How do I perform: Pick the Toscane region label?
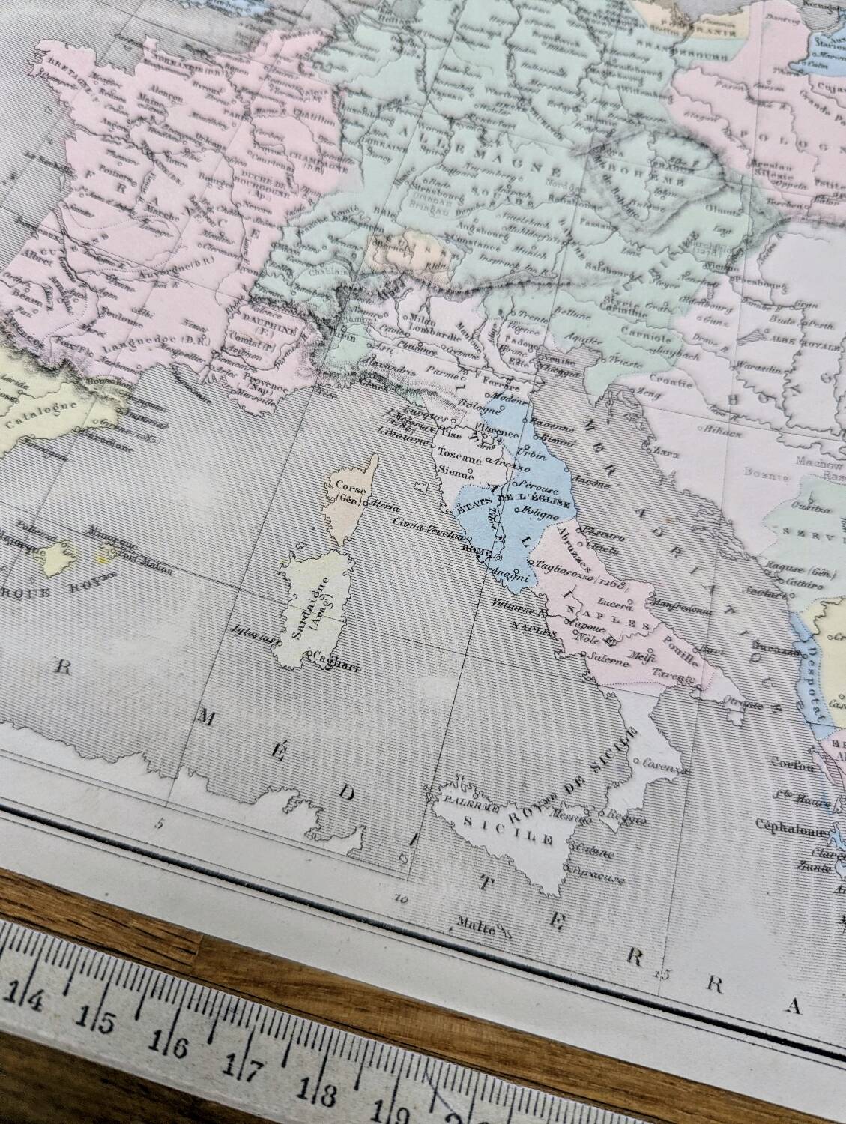click(x=457, y=457)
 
